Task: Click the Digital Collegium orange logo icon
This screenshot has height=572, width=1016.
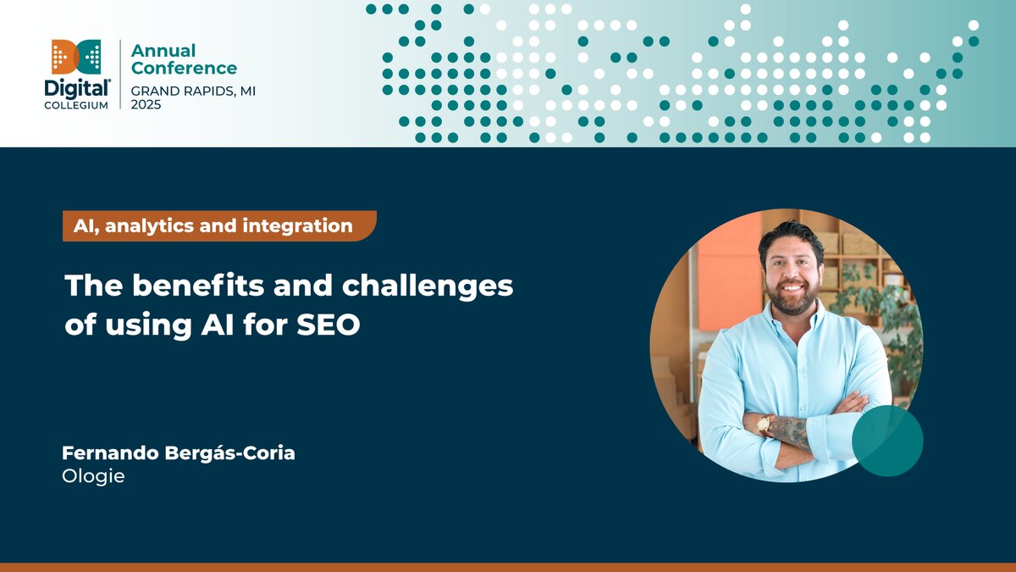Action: [76, 57]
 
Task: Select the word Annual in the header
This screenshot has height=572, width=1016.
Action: [163, 51]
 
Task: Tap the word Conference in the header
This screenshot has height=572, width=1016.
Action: [184, 69]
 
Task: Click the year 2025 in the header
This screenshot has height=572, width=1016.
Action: [146, 104]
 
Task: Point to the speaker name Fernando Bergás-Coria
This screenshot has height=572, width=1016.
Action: [178, 453]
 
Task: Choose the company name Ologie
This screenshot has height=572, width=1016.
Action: [93, 476]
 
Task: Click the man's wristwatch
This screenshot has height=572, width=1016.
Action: [764, 424]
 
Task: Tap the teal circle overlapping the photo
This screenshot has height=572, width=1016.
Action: [886, 441]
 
